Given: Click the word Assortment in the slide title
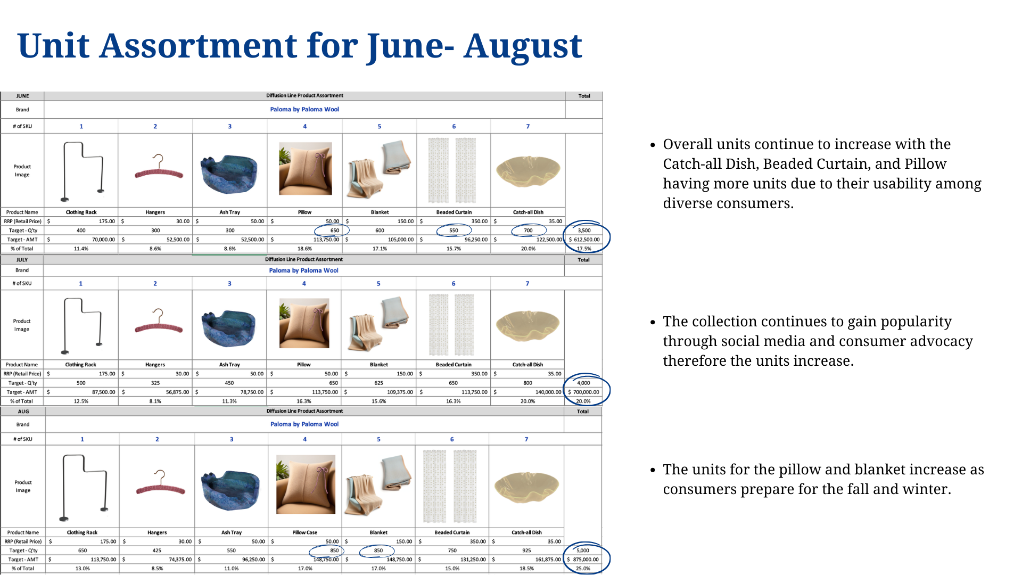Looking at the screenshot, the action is coord(199,46).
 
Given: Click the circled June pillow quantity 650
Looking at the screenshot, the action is coord(334,231).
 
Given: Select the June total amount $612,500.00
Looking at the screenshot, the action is coord(584,240).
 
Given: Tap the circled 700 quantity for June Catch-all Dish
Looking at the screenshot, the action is coord(528,231).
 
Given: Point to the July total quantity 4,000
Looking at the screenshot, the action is coord(583,383).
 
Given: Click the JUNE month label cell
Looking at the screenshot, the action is coord(22,96).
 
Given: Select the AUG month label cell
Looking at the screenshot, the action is coord(23,412).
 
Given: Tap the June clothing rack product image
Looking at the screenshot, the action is coord(81,171).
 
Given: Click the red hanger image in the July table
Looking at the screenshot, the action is coord(158,322).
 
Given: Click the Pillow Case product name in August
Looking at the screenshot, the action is coord(304,532).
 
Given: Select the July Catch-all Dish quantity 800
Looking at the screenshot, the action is coord(528,383).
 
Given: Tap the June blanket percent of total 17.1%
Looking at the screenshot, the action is coord(380,249).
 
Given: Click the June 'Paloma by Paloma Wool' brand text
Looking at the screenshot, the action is coord(304,109).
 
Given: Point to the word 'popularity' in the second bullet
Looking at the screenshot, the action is coord(916,322).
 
